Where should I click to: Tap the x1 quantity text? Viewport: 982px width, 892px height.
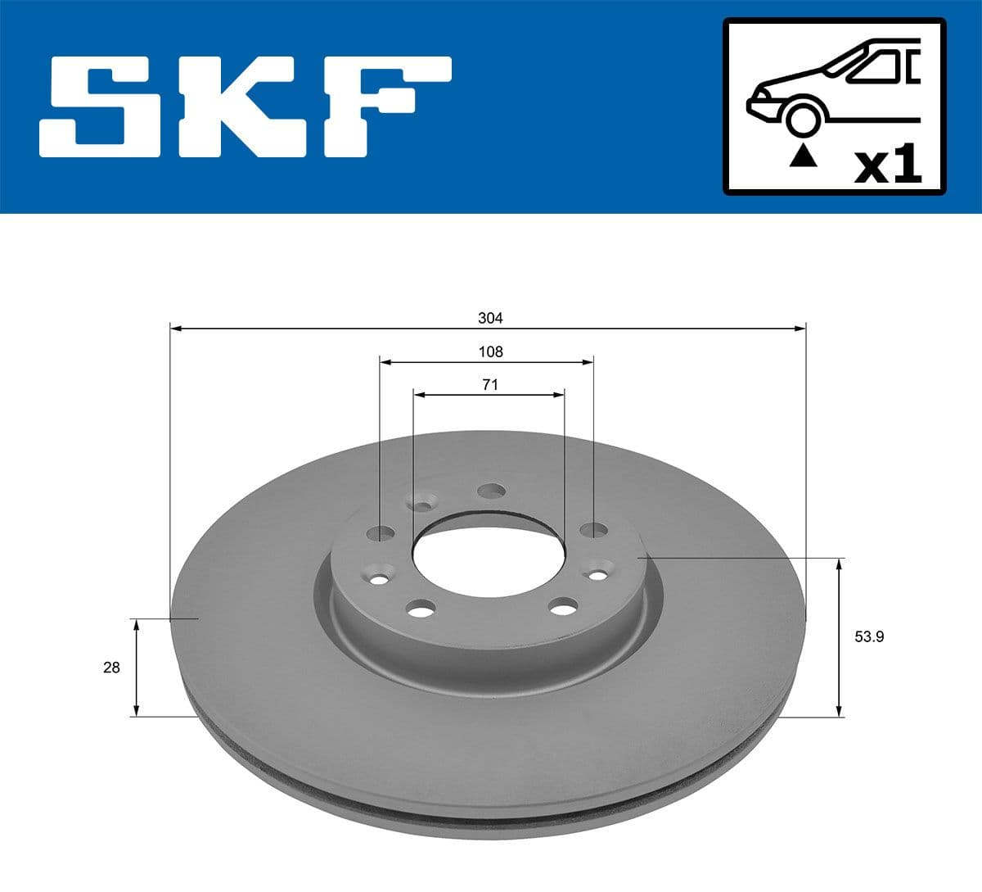pyautogui.click(x=887, y=165)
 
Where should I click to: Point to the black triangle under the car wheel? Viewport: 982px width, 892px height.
pyautogui.click(x=803, y=155)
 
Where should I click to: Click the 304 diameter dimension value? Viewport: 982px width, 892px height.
pyautogui.click(x=489, y=318)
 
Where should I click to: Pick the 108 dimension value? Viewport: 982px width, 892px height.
pyautogui.click(x=489, y=352)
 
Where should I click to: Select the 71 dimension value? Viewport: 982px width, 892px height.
pyautogui.click(x=489, y=385)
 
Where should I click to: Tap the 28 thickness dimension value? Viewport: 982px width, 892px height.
pyautogui.click(x=111, y=668)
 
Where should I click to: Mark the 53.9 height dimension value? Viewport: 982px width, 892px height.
pyautogui.click(x=870, y=636)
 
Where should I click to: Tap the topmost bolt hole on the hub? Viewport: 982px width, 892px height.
pyautogui.click(x=491, y=491)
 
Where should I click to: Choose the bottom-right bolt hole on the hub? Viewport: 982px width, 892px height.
pyautogui.click(x=561, y=608)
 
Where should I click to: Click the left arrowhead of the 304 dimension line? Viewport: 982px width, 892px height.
pyautogui.click(x=175, y=328)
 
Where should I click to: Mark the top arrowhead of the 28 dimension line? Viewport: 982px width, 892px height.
pyautogui.click(x=137, y=625)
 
